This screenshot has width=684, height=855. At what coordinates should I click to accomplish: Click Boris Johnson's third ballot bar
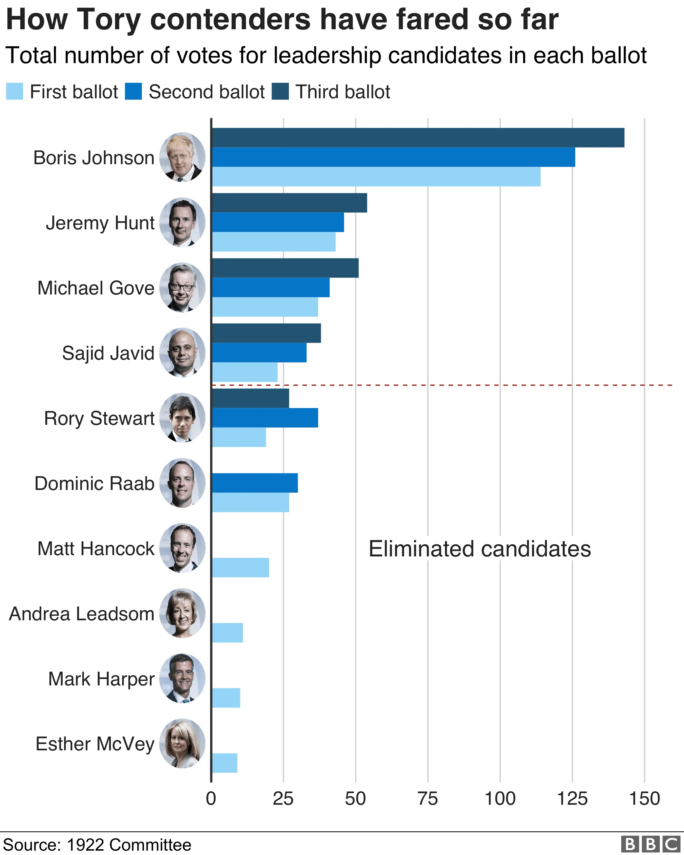click(418, 137)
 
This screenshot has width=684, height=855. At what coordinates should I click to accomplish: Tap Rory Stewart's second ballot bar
click(265, 418)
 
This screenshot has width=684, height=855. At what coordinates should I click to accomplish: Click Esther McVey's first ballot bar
click(225, 763)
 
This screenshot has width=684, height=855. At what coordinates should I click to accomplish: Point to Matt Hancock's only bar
click(241, 567)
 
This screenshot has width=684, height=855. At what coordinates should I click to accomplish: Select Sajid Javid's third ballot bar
click(267, 333)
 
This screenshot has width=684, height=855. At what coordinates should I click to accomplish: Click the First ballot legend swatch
click(15, 92)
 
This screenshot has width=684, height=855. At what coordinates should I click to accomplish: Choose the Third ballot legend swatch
click(280, 92)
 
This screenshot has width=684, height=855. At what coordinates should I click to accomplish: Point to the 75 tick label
click(428, 798)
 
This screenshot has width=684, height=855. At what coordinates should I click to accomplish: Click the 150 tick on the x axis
click(644, 798)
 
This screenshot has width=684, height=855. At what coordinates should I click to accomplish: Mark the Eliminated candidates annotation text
click(480, 549)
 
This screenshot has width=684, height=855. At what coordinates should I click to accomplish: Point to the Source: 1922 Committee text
click(97, 845)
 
